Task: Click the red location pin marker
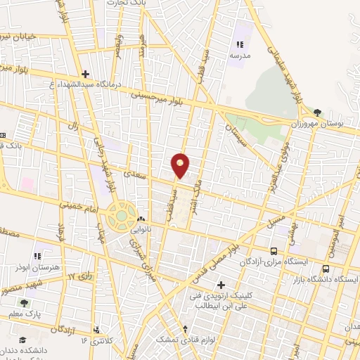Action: (x=181, y=165)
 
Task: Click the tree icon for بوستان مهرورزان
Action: (x=318, y=112)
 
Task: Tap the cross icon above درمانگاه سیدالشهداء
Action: (x=85, y=73)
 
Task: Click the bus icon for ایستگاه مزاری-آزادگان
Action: (x=274, y=251)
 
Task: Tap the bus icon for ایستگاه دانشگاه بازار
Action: (x=326, y=268)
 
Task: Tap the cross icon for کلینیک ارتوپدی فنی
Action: (x=221, y=285)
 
